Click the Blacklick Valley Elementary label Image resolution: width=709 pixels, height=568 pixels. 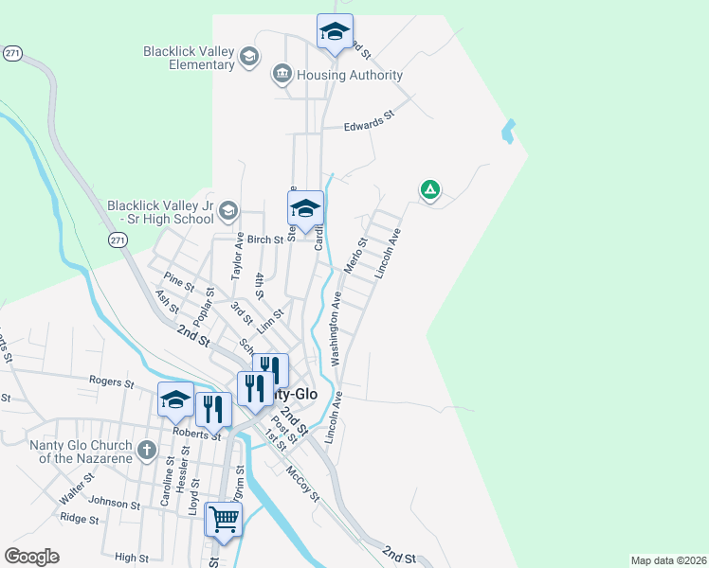point(189,58)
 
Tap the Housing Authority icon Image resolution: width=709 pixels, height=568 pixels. point(282,74)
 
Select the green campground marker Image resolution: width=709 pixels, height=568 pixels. point(429,190)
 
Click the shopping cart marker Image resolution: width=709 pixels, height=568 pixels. point(224,519)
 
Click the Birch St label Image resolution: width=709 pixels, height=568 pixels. point(265,240)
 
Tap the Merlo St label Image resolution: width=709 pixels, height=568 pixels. point(356,257)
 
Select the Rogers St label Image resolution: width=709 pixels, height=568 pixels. point(112,382)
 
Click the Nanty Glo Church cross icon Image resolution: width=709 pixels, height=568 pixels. point(146,450)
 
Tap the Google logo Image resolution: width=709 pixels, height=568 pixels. point(31,557)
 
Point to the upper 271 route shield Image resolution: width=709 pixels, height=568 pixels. point(12,54)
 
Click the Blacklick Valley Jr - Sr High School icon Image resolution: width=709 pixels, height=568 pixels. point(227,210)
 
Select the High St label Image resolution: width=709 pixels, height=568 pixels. point(133,558)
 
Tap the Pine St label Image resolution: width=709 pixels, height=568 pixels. point(178,281)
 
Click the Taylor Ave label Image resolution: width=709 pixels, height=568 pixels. point(238,256)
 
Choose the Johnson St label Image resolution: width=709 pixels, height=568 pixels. point(107,502)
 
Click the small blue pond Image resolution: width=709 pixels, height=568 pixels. point(509,132)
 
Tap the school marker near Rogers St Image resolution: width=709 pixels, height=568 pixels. point(175,401)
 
